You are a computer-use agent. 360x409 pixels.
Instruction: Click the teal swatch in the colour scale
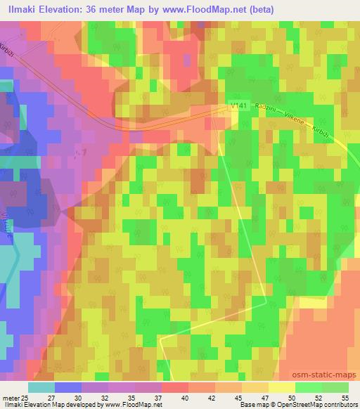tap(41, 387)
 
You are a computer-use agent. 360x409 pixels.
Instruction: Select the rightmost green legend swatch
tap(335, 387)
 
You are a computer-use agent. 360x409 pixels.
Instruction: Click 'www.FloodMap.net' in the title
tap(181, 9)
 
